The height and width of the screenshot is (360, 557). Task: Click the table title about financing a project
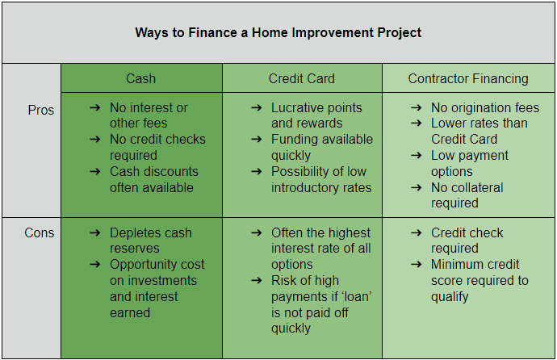point(278,33)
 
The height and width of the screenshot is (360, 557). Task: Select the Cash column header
point(141,78)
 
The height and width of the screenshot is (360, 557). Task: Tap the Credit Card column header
point(302,78)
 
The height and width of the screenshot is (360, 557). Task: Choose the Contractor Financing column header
point(468,78)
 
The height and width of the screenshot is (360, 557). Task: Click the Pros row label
point(40,110)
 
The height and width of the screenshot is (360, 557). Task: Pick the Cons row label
point(40,232)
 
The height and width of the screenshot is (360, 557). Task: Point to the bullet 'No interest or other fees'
point(149,115)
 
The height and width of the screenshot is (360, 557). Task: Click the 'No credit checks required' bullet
point(157,147)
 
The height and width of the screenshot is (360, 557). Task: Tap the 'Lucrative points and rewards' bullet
point(316,115)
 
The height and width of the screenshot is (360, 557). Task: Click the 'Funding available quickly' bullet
point(321,147)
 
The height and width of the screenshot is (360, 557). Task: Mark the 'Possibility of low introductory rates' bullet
point(321,179)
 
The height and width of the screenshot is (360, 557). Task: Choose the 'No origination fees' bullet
point(484,107)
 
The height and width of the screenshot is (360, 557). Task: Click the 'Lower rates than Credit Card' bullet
point(479,131)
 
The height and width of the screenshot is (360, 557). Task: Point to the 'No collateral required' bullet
point(467,195)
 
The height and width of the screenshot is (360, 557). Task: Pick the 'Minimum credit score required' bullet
point(480,280)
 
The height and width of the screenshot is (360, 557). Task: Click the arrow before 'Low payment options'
point(416,156)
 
